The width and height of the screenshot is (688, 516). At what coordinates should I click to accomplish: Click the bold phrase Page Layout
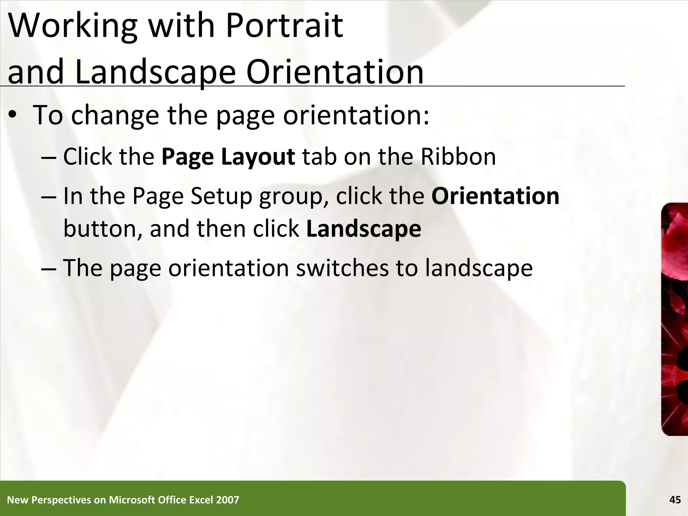pyautogui.click(x=228, y=157)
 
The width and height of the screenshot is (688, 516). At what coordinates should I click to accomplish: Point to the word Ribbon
pyautogui.click(x=458, y=157)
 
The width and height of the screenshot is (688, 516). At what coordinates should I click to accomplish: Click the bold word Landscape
pyautogui.click(x=363, y=229)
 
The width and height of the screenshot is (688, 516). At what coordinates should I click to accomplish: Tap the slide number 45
pyautogui.click(x=675, y=500)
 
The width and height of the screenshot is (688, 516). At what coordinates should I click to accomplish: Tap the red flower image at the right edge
pyautogui.click(x=675, y=319)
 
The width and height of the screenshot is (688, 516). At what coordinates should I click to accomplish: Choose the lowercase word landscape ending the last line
pyautogui.click(x=479, y=268)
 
